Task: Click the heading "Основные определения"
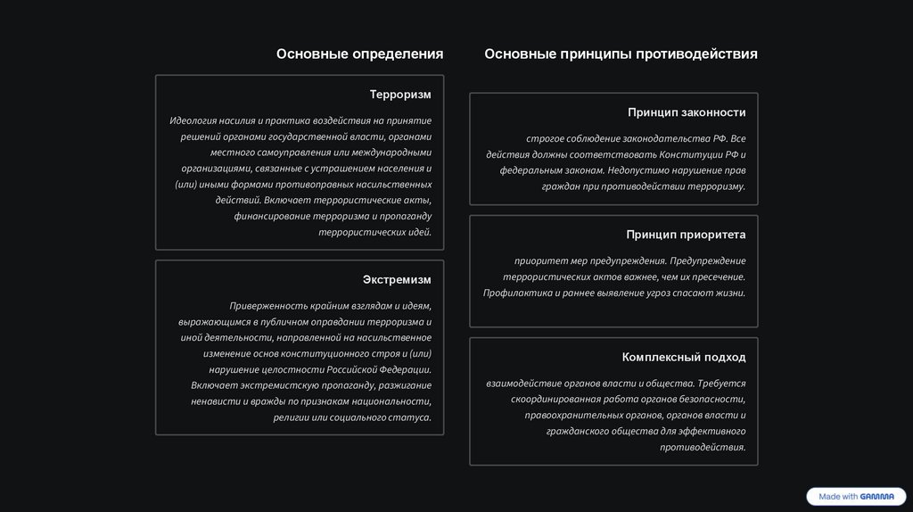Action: (359, 54)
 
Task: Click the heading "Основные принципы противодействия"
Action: (621, 54)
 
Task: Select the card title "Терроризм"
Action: (400, 95)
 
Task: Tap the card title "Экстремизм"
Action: (397, 280)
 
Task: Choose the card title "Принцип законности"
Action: (687, 113)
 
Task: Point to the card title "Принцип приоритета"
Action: (686, 235)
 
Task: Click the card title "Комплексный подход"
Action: (684, 358)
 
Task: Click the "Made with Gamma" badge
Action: (855, 497)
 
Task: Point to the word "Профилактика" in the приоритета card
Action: (517, 293)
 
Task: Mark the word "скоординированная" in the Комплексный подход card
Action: (556, 399)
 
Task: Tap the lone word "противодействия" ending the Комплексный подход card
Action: (703, 447)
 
